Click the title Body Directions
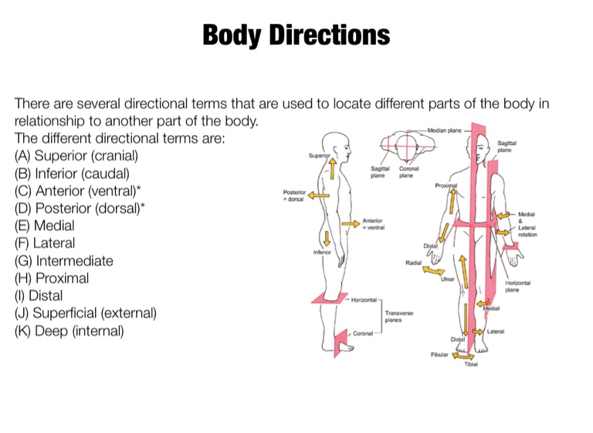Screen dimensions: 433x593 coord(296,35)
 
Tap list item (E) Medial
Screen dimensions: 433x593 coord(45,225)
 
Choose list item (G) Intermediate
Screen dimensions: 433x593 coord(64,261)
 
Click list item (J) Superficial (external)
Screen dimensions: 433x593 coord(86,313)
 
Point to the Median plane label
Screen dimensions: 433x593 coord(443,131)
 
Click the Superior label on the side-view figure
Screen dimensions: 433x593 coord(319,155)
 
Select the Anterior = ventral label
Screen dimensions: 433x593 coord(373,224)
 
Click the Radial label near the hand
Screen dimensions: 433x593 coord(412,263)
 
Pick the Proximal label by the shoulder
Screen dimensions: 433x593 coord(446,186)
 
